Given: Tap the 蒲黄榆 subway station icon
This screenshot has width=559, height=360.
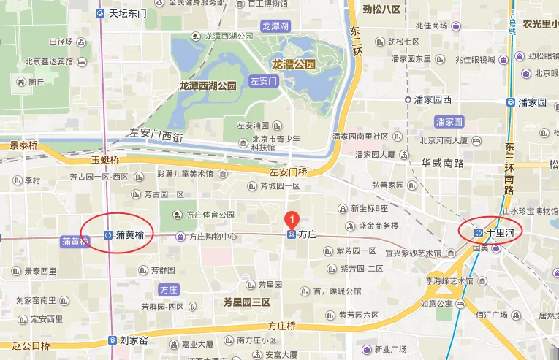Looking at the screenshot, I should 107,234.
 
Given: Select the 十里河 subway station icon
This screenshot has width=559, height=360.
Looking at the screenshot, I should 479,232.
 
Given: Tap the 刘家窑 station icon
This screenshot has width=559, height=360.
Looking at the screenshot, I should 112,340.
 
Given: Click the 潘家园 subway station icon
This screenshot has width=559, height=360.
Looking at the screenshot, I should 511,102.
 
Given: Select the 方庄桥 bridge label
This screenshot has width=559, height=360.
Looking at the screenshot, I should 281,326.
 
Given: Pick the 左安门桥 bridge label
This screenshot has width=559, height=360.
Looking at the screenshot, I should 289,172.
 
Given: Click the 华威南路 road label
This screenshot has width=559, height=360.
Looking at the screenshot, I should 443,163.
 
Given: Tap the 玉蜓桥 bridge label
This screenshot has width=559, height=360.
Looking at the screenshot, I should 105,159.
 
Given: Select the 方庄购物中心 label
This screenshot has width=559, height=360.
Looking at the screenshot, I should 213,237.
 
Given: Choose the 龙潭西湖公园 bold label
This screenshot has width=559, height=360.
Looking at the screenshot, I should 208,85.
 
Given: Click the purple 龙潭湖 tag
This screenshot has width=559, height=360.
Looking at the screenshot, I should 275,26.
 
